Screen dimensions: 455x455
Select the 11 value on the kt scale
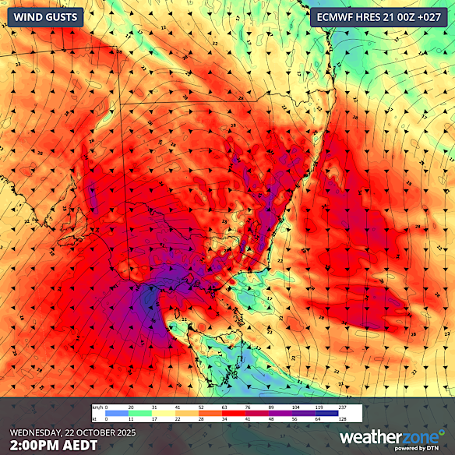click(x=131, y=419)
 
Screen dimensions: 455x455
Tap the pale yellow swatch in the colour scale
click(x=175, y=413)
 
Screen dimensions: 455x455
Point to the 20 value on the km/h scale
click(x=131, y=407)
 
